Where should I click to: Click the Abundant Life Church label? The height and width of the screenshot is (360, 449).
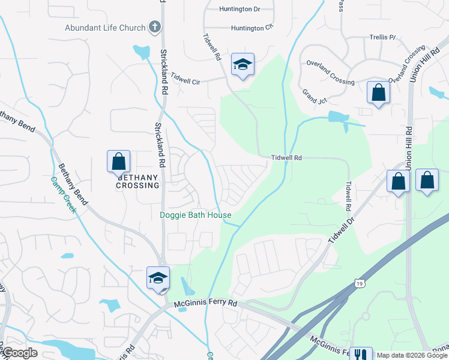[x=105, y=28]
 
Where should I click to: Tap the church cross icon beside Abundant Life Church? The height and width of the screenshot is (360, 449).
[x=155, y=27]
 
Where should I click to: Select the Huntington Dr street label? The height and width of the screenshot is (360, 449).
[x=240, y=9]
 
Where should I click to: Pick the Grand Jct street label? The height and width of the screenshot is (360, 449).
[x=314, y=97]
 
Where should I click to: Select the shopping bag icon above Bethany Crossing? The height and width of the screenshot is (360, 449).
[x=119, y=161]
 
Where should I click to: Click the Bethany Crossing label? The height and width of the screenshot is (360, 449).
[x=139, y=181]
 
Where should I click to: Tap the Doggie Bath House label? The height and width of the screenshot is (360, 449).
[x=196, y=215]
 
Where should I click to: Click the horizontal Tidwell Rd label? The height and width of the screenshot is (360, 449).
[x=285, y=158]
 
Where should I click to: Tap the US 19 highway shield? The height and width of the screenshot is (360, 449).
[x=359, y=283]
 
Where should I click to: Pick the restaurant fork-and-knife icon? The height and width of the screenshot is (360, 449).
[x=361, y=355]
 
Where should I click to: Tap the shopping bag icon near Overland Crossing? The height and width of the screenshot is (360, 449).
[x=378, y=93]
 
